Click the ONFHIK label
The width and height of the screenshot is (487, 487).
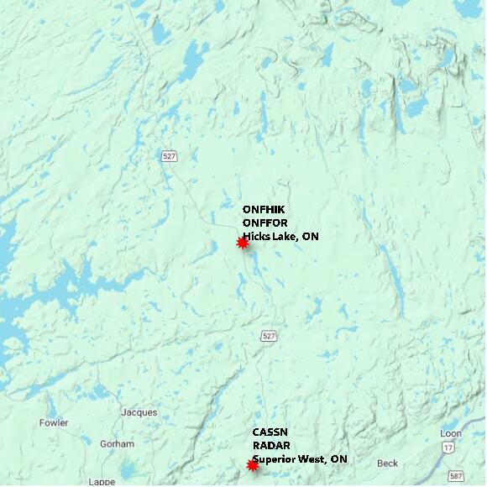point(264,209)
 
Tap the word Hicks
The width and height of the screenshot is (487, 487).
point(258,237)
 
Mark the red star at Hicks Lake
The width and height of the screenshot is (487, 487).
point(243,243)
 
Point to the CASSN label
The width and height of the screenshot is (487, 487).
point(270,432)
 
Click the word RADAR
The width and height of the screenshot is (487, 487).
point(271,446)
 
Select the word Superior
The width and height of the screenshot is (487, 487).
point(275,459)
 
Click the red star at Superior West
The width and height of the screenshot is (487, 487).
point(252,465)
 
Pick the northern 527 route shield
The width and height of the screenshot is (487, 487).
point(170,155)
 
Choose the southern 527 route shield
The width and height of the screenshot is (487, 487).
point(268,336)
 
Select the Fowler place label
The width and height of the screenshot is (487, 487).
point(54,423)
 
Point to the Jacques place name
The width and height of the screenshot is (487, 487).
point(139,412)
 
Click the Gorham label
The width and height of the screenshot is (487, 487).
point(117,443)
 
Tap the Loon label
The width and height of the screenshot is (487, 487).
point(450,433)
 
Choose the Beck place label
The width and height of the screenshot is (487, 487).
point(387,463)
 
